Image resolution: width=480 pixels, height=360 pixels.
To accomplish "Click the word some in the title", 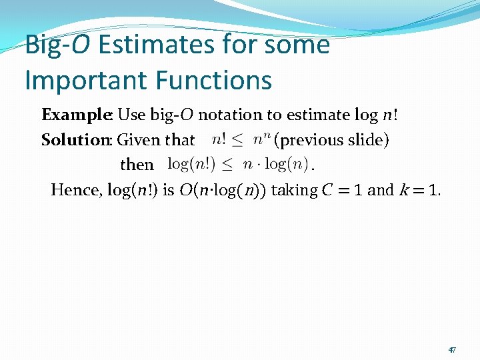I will pos(298,45).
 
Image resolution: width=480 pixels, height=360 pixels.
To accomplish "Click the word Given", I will pos(138,140).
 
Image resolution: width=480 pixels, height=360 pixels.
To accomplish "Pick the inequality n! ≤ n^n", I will pos(241,139).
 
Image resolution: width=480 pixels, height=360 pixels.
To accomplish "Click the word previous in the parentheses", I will pos(310,140).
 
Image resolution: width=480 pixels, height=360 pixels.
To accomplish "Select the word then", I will pos(137,165).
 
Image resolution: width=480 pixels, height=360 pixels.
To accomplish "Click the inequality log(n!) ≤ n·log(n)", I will pos(237,164).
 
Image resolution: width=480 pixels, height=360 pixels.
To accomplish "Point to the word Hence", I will pos(73,190).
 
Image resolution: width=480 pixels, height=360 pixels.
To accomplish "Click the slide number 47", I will pos(452,350).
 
